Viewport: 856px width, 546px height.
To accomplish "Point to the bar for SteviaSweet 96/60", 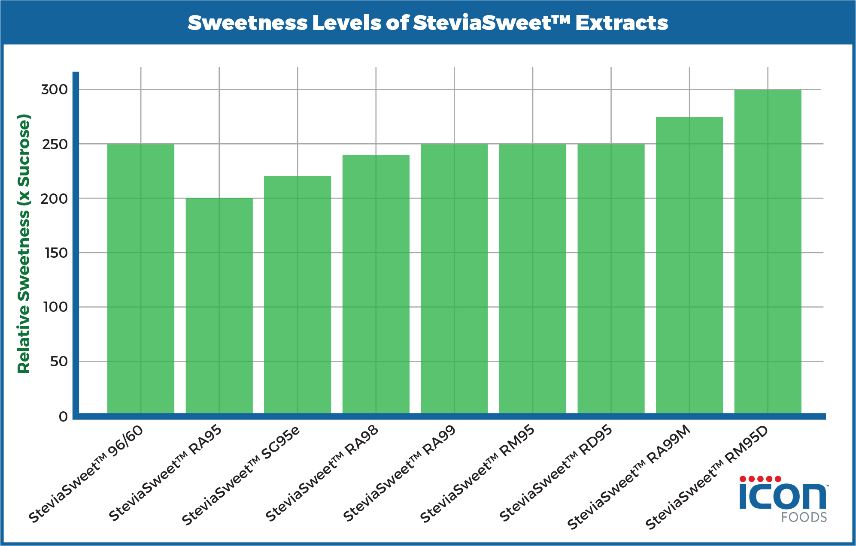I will click(x=140, y=279).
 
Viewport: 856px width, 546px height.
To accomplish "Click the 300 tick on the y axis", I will click(x=54, y=90).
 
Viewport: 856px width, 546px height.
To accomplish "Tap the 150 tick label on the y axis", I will click(x=56, y=253).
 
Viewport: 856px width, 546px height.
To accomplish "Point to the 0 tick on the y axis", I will click(x=63, y=417).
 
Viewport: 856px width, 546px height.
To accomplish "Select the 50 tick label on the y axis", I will click(x=59, y=362).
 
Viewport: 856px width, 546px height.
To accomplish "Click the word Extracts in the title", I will click(x=622, y=23).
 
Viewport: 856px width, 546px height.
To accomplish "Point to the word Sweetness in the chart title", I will click(x=248, y=23).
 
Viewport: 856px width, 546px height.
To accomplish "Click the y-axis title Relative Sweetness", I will click(x=24, y=244).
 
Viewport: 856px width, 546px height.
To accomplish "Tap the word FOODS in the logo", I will click(x=804, y=517).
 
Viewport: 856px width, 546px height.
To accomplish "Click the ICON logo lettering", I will click(x=782, y=497).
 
